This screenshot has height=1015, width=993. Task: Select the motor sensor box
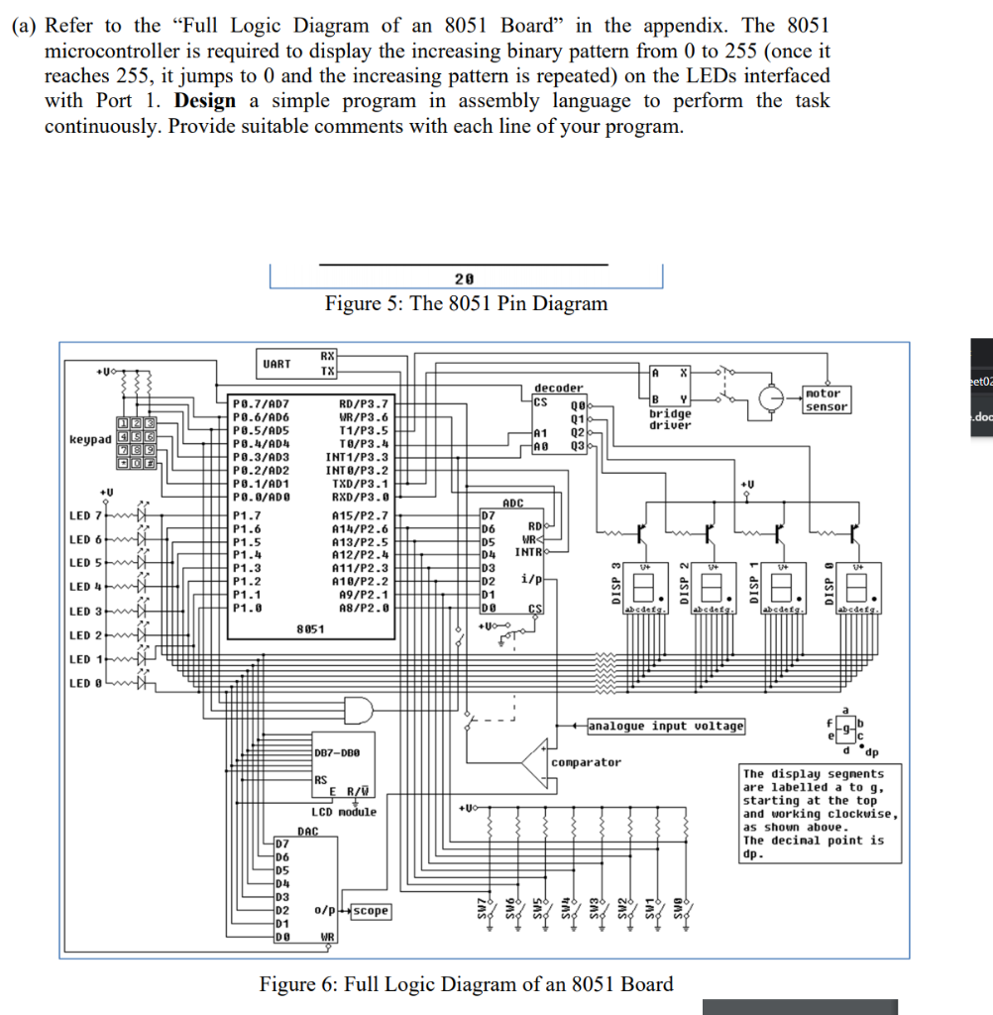click(x=827, y=399)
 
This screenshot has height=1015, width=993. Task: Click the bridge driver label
click(x=671, y=419)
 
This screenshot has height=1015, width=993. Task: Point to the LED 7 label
click(x=85, y=516)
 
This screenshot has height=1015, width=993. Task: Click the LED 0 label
click(x=85, y=683)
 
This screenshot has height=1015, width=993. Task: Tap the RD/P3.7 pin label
click(x=365, y=404)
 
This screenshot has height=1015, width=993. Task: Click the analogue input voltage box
click(x=665, y=727)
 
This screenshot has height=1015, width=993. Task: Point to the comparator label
click(x=587, y=762)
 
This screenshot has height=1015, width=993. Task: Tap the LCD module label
click(x=344, y=812)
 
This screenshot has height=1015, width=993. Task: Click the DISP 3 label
click(x=614, y=578)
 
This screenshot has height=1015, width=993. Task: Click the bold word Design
click(x=205, y=101)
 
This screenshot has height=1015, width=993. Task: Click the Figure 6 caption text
click(x=466, y=984)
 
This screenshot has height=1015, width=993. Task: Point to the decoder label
click(x=559, y=389)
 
